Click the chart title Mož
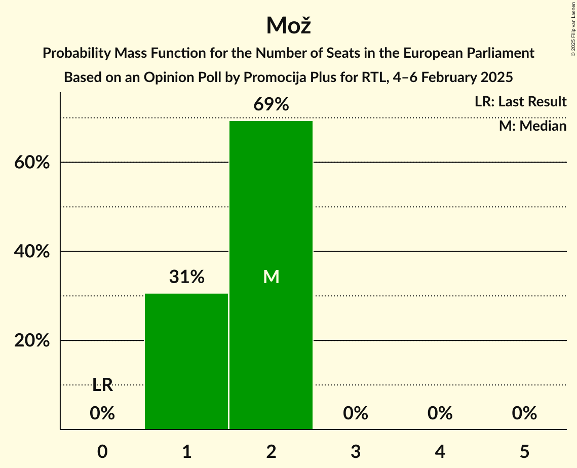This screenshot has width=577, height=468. click(x=288, y=25)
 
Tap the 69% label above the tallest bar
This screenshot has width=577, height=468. click(x=271, y=105)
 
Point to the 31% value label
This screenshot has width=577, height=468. click(x=186, y=277)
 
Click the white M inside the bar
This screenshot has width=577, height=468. click(x=271, y=277)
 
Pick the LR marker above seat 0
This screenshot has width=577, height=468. click(x=102, y=385)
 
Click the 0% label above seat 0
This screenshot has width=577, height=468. click(x=102, y=414)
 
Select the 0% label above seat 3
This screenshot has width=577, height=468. click(x=356, y=414)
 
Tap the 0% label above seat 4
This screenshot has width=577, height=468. click(x=440, y=414)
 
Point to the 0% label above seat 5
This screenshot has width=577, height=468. click(x=524, y=414)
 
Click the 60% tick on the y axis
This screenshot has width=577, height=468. click(x=32, y=163)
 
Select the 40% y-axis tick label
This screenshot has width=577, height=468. click(x=32, y=252)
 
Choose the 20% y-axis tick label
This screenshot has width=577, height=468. click(x=32, y=341)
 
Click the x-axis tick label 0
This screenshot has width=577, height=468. click(x=102, y=451)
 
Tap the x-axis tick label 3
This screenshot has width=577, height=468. click(x=356, y=451)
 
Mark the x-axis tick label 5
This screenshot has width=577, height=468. click(x=524, y=451)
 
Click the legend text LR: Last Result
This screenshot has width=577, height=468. click(x=520, y=102)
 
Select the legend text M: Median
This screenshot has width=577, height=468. click(x=532, y=126)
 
